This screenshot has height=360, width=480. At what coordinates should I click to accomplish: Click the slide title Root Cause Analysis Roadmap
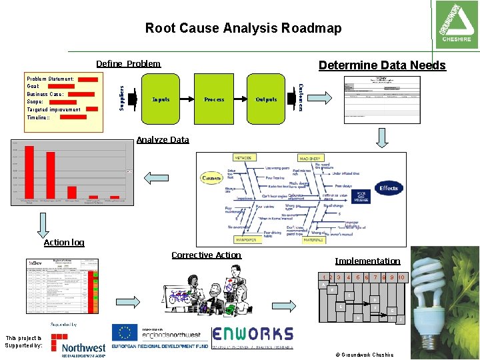pos(243,28)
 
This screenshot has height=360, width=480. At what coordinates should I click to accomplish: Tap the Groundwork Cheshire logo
pos(456,23)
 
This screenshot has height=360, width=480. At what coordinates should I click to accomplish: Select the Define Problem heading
pos(128,64)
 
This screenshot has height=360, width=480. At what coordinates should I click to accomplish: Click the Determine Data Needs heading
pos(382,65)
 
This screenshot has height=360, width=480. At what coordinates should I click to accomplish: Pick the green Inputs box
pos(161,99)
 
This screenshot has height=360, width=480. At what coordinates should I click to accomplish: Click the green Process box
pos(214,99)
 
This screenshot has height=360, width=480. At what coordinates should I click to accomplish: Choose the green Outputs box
pos(266,99)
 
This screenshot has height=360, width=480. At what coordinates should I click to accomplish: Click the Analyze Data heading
pos(162,140)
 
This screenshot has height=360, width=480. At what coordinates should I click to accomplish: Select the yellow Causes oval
pos(212,178)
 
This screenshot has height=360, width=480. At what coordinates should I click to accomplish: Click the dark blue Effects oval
pos(388,188)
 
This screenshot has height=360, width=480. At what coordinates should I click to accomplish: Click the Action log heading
pos(64,242)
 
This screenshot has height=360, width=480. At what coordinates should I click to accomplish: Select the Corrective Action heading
pos(206,255)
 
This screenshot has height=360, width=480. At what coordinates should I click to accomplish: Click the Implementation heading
pos(367,261)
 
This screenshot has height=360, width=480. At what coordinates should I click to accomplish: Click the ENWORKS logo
pos(253,334)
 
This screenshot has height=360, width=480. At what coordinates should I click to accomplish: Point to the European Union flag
pos(124,333)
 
